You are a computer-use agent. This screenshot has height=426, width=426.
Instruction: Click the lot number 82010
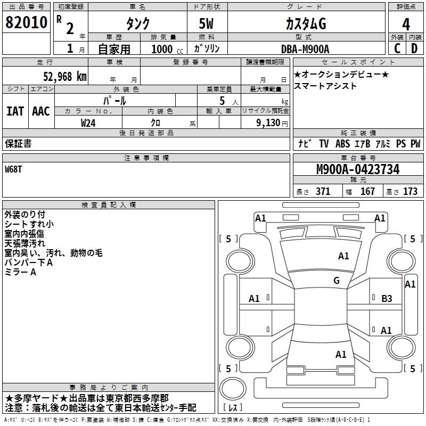(26, 23)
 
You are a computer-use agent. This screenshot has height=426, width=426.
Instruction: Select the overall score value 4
(406, 24)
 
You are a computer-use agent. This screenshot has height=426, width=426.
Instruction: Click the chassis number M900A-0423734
(357, 170)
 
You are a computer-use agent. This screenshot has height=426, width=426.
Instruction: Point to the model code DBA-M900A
(305, 49)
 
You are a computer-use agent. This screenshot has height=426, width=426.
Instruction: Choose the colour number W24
(88, 122)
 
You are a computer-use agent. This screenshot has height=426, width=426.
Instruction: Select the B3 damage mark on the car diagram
(387, 299)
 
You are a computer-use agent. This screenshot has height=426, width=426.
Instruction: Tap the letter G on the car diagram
(336, 281)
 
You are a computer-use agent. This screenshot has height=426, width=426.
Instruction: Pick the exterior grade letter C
(397, 48)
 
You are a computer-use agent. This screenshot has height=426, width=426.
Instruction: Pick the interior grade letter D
(414, 48)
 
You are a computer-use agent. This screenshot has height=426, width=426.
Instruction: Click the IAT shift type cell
(15, 111)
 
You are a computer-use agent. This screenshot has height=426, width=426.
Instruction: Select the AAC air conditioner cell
(41, 111)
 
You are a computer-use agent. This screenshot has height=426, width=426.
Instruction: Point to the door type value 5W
(207, 24)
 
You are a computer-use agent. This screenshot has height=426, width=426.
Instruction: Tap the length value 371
(323, 192)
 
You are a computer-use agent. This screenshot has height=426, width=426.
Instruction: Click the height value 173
(410, 192)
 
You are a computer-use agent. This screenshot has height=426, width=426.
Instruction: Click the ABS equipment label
(342, 144)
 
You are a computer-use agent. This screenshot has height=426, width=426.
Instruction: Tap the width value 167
(367, 192)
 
